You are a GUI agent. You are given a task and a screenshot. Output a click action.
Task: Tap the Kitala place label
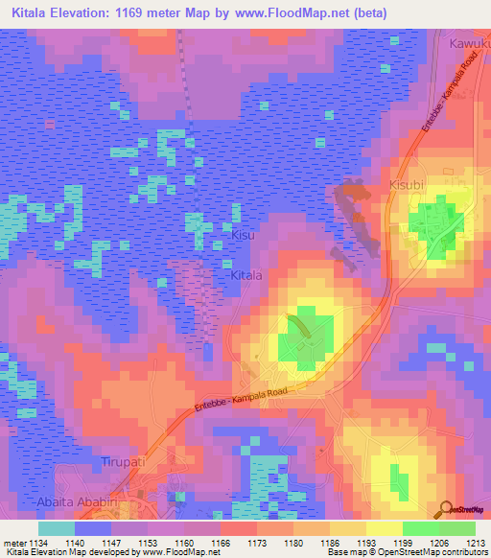tap(246, 275)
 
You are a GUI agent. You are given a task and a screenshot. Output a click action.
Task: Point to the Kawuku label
tap(470, 44)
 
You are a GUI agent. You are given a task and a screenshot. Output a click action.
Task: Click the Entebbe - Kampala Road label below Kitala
tap(244, 394)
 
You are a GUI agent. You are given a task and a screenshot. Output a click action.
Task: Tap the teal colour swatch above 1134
tap(56, 528)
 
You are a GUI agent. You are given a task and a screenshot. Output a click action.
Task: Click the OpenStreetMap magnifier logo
tap(447, 508)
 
